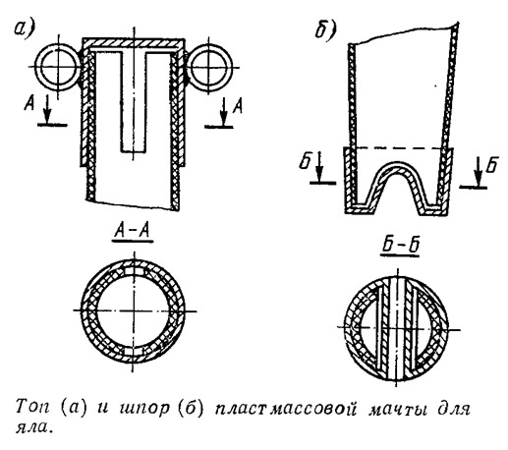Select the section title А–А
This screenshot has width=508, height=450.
click(132, 232)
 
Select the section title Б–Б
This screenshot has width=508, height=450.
click(401, 246)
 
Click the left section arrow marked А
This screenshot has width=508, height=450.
click(47, 109)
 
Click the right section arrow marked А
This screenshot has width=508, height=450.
click(224, 112)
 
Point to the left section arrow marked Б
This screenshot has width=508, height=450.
click(319, 167)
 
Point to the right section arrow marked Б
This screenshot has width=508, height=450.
click(479, 171)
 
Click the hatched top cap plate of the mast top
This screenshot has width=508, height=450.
click(134, 43)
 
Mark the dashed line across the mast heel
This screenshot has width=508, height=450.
click(398, 147)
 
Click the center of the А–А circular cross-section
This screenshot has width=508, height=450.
click(133, 310)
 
